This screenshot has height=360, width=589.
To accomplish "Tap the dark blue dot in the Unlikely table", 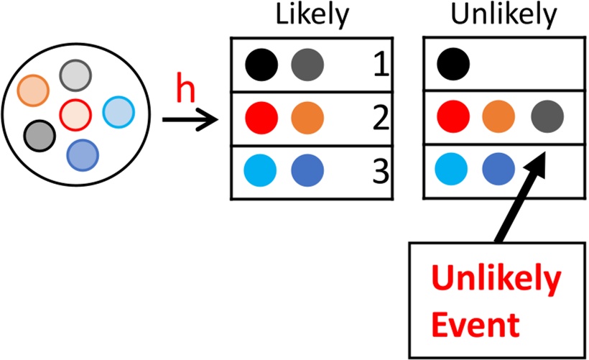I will pos(501,171).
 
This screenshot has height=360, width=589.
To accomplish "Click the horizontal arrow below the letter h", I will pos(190,119).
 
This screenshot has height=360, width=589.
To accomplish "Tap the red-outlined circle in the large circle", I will pos(75,114).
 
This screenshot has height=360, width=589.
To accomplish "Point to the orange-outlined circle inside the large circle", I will pos(32,91).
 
